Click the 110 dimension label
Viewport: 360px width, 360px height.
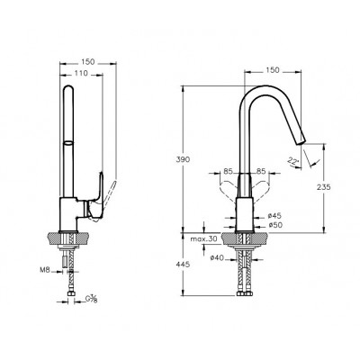coord(81,73)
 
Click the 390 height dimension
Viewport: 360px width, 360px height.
coord(183,159)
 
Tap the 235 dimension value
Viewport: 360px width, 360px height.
coord(323,187)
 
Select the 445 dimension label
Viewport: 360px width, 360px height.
coord(183,265)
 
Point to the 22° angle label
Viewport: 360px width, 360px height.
coord(293,161)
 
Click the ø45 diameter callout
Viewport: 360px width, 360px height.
coord(274,216)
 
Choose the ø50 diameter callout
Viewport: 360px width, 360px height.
coord(274,225)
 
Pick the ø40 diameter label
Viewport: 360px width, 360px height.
coord(217,257)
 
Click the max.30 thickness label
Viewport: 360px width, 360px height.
coord(203,239)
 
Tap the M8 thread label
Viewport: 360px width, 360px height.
coord(45,270)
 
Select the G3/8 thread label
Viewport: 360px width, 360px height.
coord(91,299)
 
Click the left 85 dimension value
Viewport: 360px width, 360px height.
coord(228,172)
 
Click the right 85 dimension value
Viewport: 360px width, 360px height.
coord(261,172)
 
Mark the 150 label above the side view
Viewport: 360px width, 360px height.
coord(88,62)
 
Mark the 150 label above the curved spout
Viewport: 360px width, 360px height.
coord(273,70)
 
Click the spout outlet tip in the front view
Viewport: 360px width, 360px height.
coord(301,142)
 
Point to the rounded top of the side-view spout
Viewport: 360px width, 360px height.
coord(68,89)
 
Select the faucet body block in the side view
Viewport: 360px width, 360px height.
coord(69,215)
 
